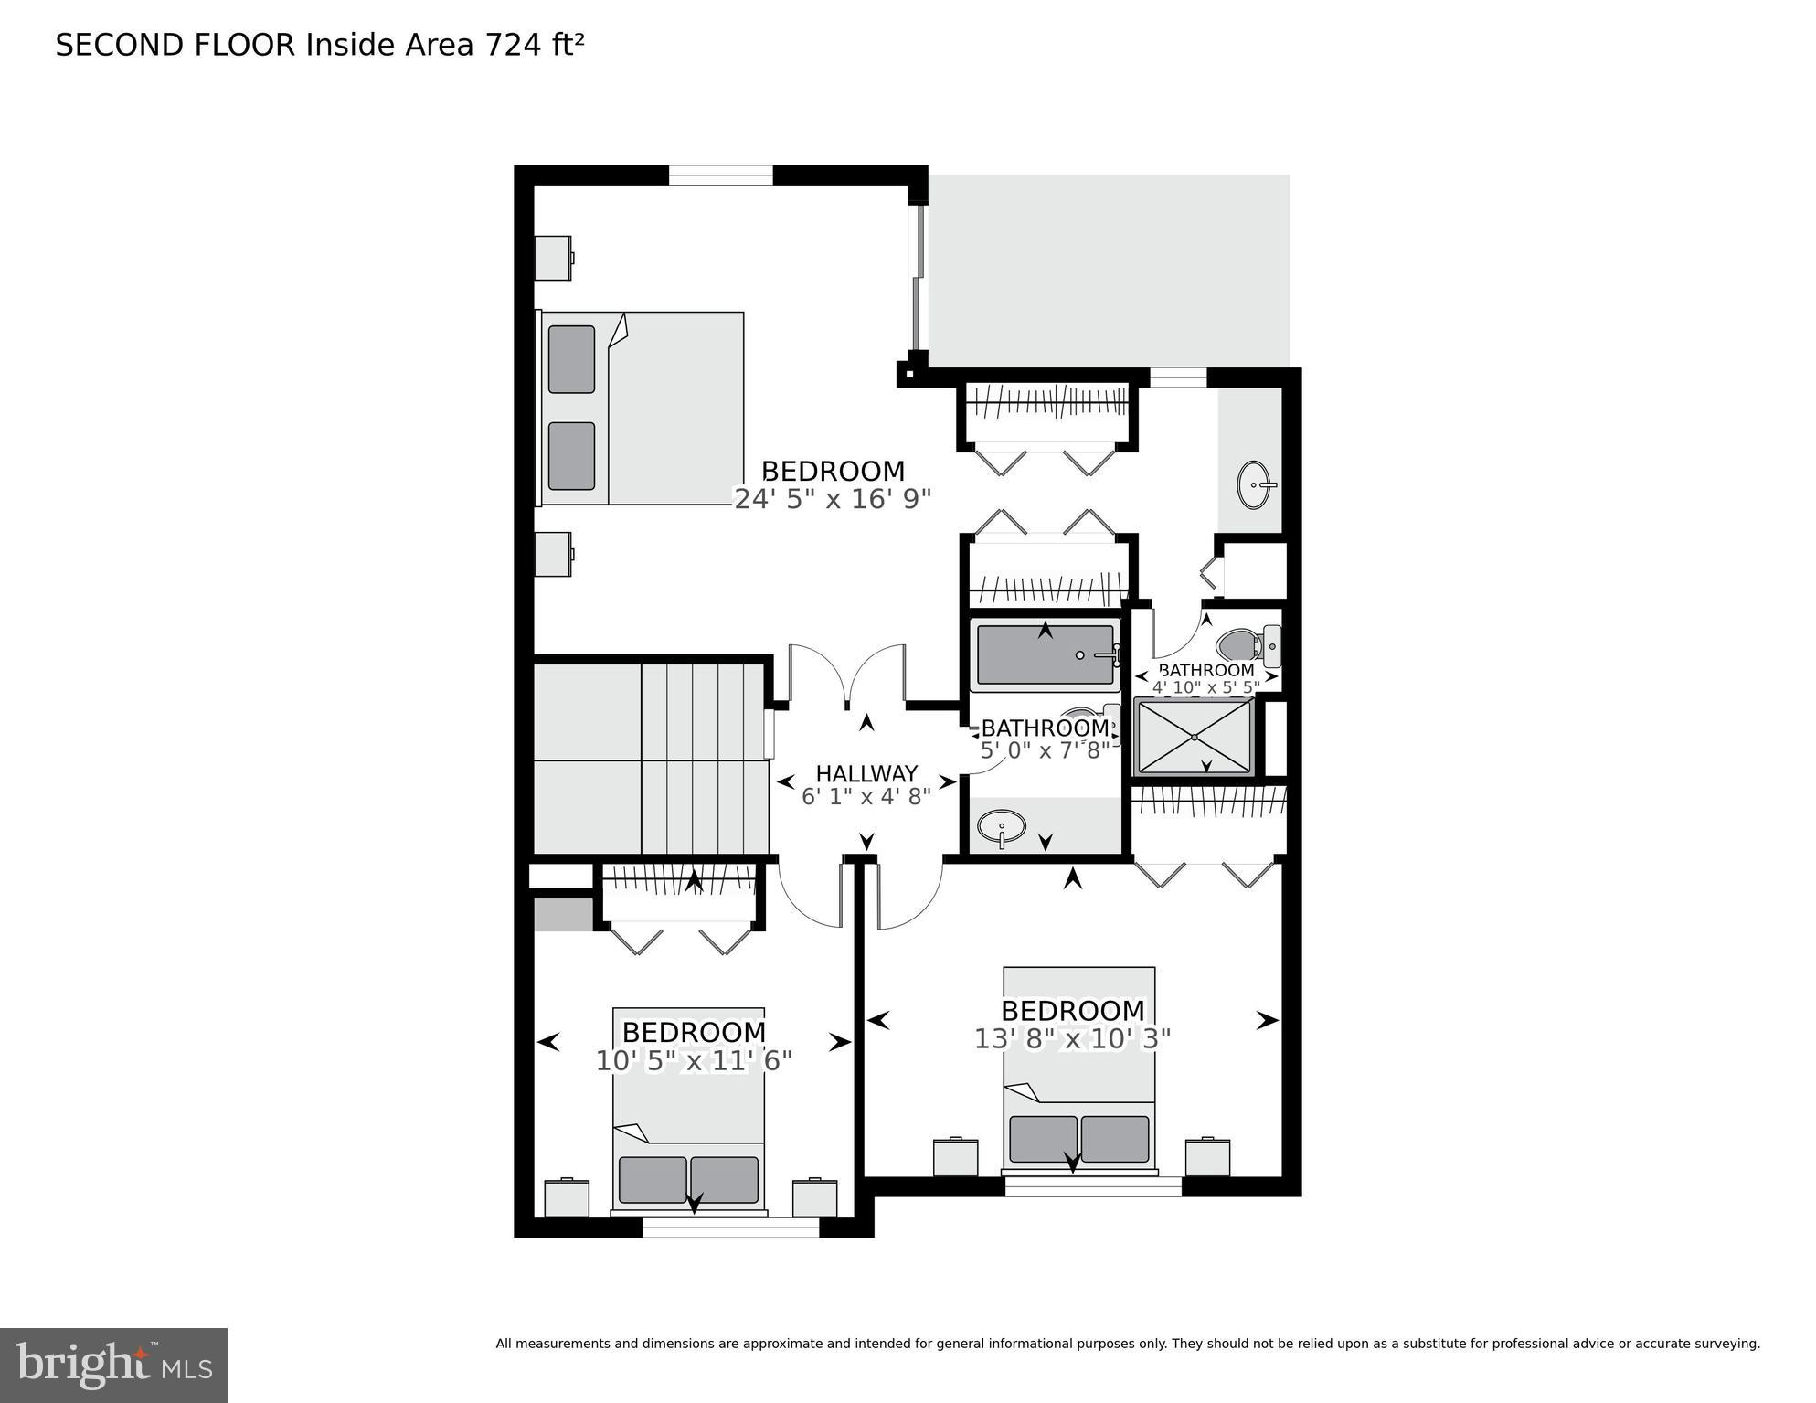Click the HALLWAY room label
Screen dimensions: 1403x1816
pos(866,774)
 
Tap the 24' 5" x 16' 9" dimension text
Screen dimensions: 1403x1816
pos(833,499)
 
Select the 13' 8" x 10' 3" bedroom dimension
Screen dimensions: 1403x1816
pos(1072,1039)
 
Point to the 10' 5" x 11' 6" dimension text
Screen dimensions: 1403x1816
pos(693,1061)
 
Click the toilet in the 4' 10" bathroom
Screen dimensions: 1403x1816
pos(1248,645)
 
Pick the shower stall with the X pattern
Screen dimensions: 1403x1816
pos(1194,737)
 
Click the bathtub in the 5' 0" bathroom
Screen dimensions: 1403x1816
pos(1046,654)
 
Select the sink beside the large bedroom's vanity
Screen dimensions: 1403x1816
pos(1256,484)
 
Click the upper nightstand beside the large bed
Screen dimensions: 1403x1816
pos(554,259)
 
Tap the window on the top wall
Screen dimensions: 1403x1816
pos(720,175)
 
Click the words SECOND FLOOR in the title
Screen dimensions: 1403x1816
pos(175,45)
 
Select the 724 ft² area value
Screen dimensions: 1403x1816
pos(535,45)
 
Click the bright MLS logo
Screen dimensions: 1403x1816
pos(113,1365)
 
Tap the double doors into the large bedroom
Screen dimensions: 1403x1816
pos(847,676)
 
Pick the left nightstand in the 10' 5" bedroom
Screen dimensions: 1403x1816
pos(567,1197)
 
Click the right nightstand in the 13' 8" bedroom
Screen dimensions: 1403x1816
pos(1207,1157)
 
